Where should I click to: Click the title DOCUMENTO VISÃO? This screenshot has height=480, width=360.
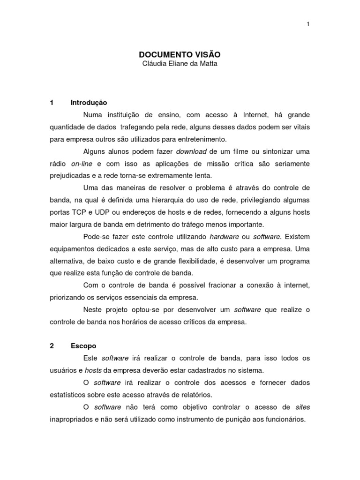click(x=180, y=54)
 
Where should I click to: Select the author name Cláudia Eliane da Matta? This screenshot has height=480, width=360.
click(x=180, y=64)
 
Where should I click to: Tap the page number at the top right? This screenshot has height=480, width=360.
click(x=308, y=24)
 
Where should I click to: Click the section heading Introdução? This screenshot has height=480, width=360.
click(x=89, y=103)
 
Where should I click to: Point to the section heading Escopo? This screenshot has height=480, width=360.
click(x=83, y=346)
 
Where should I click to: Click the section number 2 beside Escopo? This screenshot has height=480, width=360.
click(x=52, y=346)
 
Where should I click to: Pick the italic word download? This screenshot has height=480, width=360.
click(x=191, y=151)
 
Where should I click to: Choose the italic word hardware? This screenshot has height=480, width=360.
click(x=225, y=237)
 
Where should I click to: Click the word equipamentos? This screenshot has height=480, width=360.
click(x=73, y=249)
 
